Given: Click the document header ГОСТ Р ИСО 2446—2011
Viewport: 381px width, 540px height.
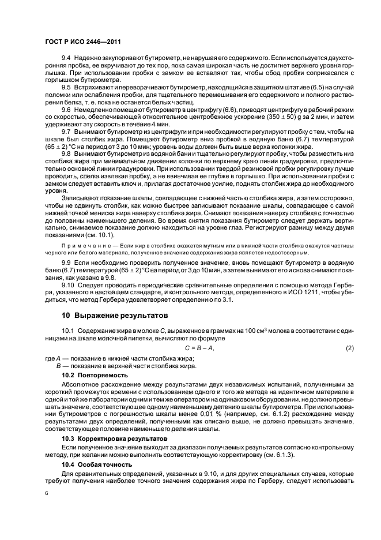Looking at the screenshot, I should [x=83, y=42].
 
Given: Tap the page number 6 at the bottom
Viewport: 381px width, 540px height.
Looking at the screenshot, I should [x=47, y=493].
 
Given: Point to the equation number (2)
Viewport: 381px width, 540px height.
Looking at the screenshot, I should [x=349, y=348].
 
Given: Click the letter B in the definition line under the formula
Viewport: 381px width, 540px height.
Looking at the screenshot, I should [x=58, y=366].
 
